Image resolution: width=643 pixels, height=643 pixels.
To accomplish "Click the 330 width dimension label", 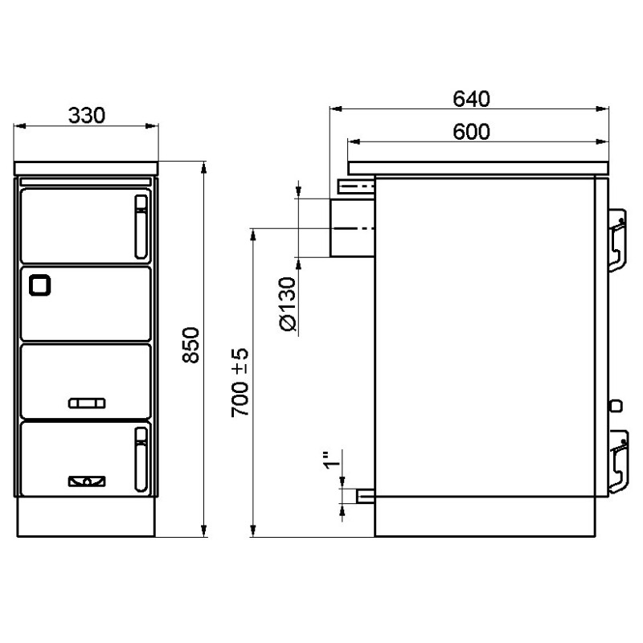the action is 87,115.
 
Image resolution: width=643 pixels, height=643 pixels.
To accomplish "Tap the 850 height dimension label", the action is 190,345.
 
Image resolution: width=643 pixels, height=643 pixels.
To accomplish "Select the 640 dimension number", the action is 471,99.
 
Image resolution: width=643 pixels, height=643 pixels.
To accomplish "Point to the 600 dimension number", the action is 471,132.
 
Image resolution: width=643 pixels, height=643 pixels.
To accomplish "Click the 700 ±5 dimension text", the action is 240,383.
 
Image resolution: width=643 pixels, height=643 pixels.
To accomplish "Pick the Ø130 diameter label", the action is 287,304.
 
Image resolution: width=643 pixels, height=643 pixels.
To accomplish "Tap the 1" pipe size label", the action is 332,460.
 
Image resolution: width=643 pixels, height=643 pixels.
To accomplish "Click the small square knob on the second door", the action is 39,285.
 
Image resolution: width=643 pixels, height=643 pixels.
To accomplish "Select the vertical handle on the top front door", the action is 141,227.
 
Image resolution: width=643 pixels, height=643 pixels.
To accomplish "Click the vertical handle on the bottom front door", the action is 141,459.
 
